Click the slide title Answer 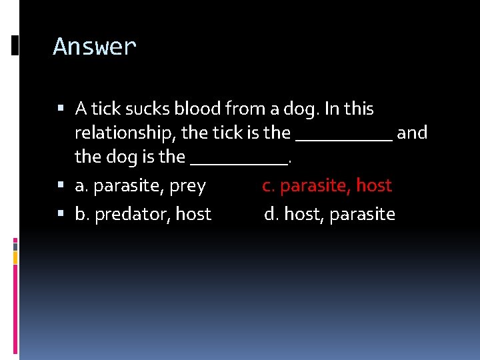[95, 47]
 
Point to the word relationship [125, 133]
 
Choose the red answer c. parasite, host [327, 185]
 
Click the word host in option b [193, 214]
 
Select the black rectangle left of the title [15, 46]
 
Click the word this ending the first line [359, 109]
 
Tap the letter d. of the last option [271, 214]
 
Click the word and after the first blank [412, 133]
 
